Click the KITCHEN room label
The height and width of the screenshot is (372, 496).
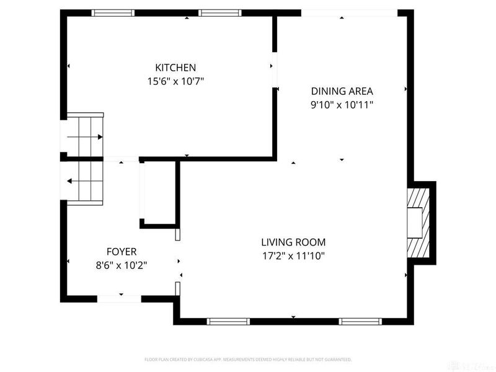click(175, 68)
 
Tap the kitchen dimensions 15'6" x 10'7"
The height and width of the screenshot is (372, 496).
click(175, 81)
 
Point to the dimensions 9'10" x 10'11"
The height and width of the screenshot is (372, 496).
click(342, 105)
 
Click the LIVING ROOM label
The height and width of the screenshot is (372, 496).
click(293, 242)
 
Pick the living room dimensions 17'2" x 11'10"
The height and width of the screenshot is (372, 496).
click(293, 255)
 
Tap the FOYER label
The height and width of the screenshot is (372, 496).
click(122, 252)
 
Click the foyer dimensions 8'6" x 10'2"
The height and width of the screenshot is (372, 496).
click(122, 265)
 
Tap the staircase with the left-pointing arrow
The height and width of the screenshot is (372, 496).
click(84, 181)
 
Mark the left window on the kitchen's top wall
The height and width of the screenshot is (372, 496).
click(113, 12)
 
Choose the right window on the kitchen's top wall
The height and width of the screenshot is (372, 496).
click(220, 12)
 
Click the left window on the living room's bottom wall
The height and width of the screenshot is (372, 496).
click(228, 321)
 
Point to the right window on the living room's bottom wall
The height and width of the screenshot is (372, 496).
click(360, 321)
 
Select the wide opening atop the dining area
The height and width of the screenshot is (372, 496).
click(349, 12)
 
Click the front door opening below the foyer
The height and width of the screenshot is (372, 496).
click(120, 299)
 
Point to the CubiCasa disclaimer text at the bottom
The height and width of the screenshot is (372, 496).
click(248, 360)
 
